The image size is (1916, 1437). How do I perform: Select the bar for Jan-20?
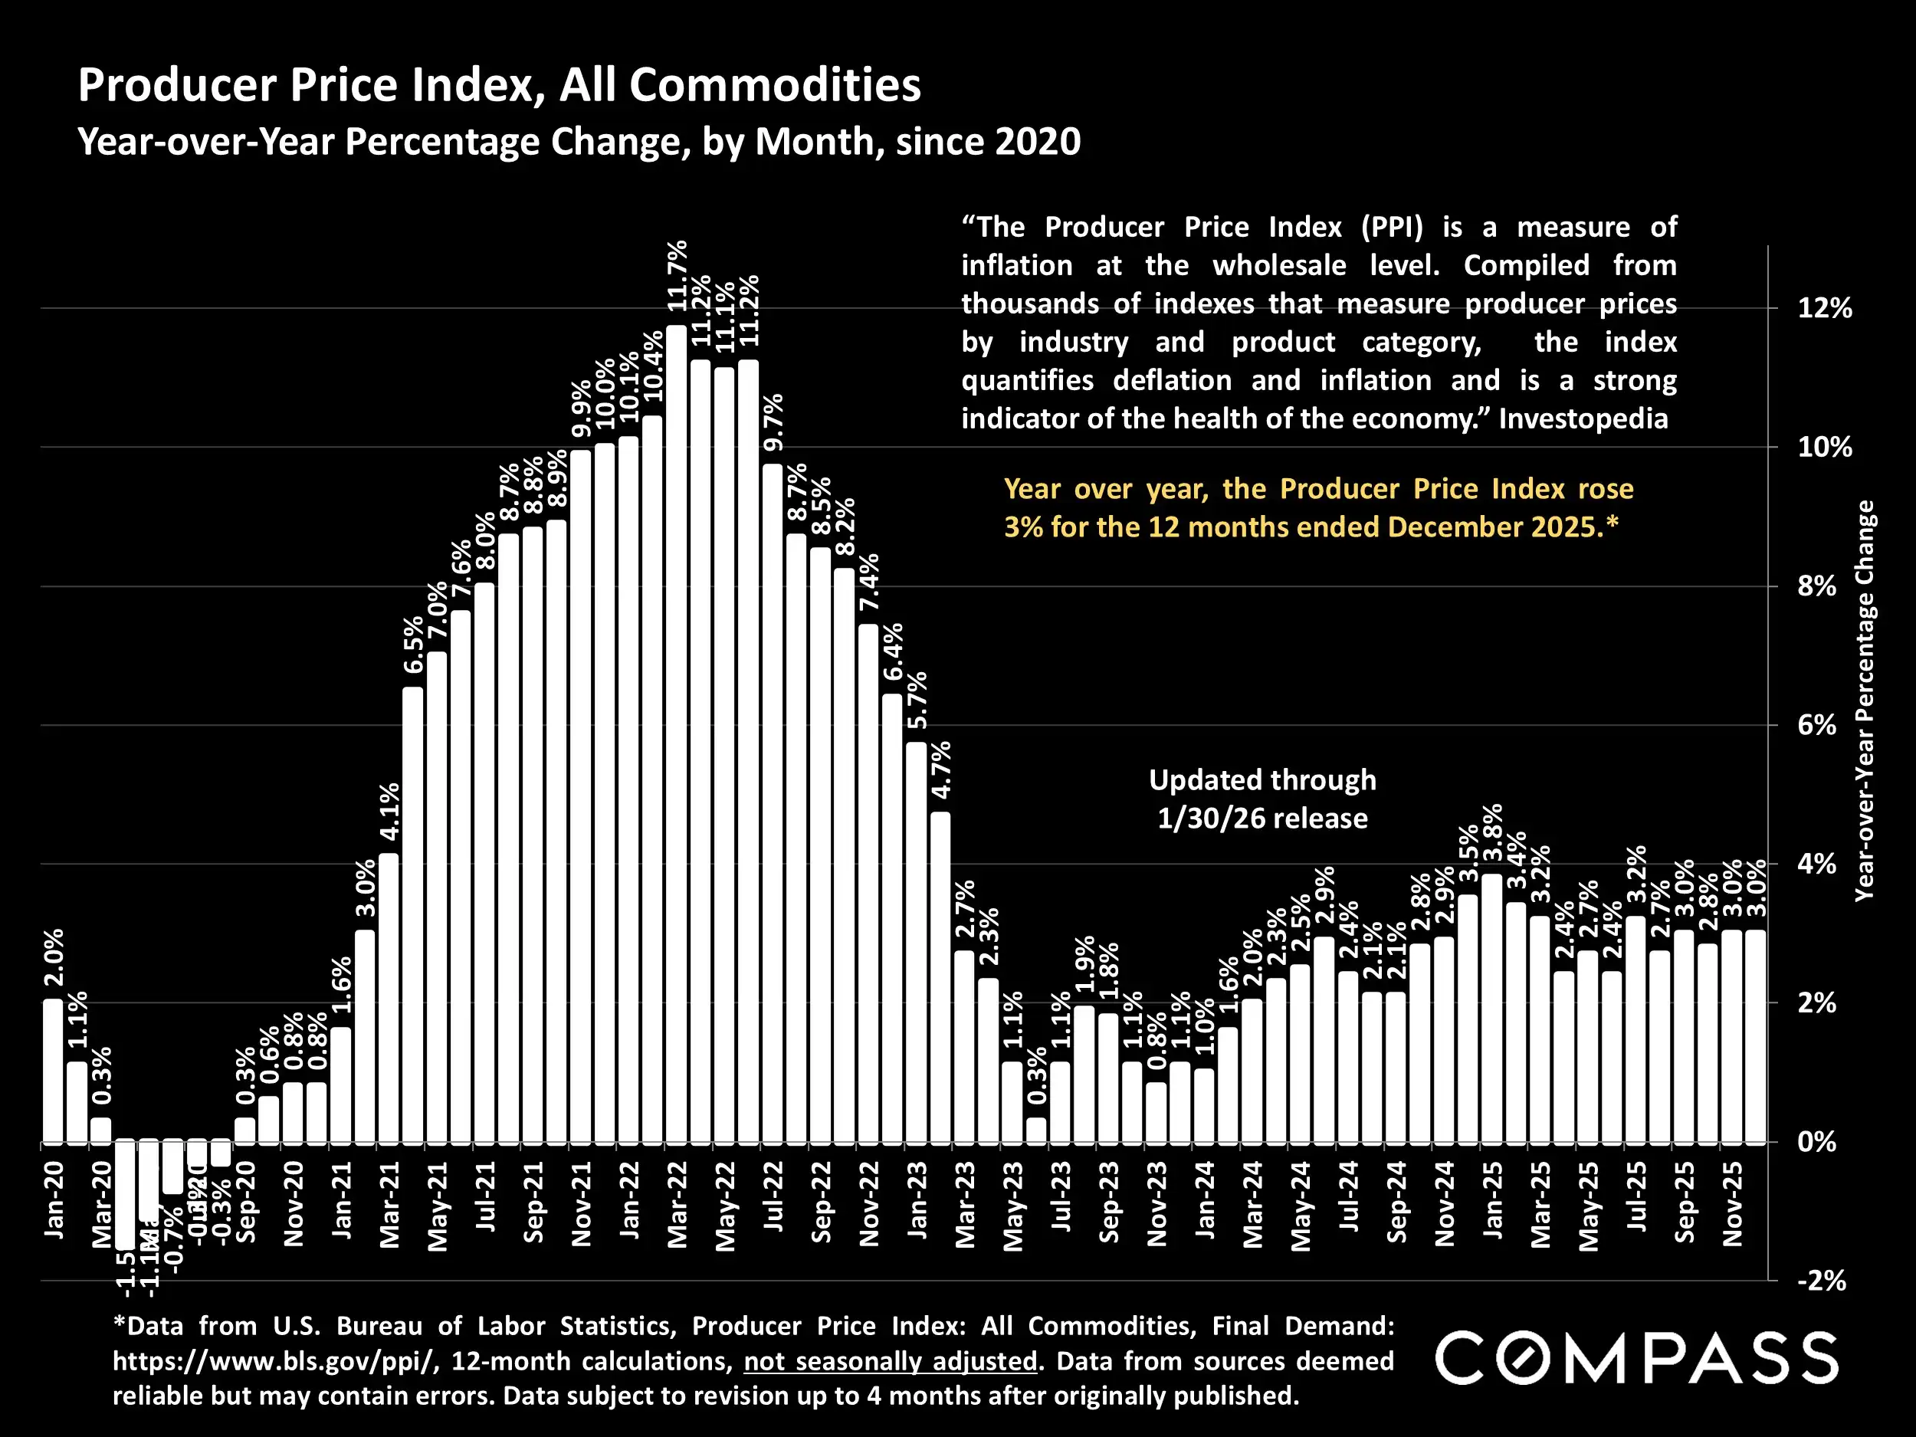click(53, 1071)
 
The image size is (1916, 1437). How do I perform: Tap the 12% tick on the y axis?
click(1824, 308)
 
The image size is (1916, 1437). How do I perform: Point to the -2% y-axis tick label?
click(1821, 1281)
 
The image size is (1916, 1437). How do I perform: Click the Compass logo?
click(1636, 1358)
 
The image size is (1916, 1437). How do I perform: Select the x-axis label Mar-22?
click(677, 1204)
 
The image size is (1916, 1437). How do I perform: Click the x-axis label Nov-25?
click(1731, 1204)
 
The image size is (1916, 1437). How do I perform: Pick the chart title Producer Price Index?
click(499, 85)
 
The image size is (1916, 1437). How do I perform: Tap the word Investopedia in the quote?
click(1583, 419)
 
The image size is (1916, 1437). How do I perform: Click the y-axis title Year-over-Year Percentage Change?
click(1864, 701)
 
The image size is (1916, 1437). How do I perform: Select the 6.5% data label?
click(414, 645)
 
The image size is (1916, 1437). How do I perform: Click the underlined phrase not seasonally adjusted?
click(891, 1362)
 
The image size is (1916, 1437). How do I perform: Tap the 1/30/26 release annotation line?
click(1262, 819)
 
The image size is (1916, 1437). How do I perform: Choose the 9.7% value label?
click(773, 422)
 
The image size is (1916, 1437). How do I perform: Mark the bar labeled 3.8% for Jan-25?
click(1491, 1009)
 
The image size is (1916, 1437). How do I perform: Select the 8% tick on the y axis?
click(1817, 586)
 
